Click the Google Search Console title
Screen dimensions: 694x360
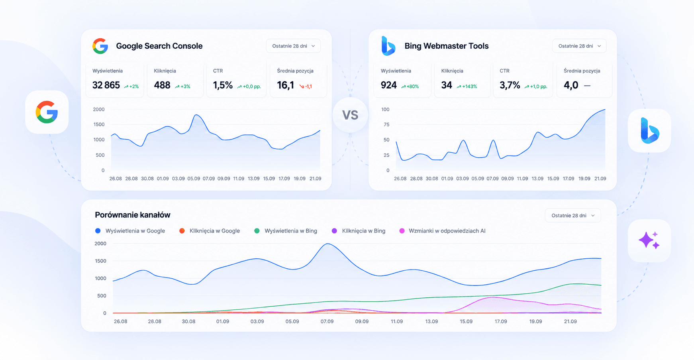pos(159,46)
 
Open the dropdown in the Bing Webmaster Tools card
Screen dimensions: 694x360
pos(579,46)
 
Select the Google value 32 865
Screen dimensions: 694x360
pos(106,85)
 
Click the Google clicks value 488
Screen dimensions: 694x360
pos(162,85)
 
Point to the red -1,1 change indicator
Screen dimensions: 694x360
pos(306,87)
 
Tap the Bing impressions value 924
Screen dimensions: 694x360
pos(389,85)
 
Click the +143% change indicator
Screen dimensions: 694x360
pos(467,87)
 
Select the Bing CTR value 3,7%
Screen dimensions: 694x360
pos(510,85)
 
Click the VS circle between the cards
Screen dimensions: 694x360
pos(350,115)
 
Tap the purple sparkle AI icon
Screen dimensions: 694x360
pos(649,240)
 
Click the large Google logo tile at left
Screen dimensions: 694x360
pos(47,112)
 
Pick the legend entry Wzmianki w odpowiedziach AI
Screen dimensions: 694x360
pos(443,231)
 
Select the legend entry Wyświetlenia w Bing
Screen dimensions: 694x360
pos(286,231)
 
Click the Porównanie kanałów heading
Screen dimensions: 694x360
pos(133,215)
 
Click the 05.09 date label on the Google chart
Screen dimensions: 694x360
pos(194,179)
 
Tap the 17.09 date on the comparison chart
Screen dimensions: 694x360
pos(501,321)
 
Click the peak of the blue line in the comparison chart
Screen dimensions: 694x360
pos(327,244)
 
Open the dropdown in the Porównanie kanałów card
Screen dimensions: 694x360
pos(573,215)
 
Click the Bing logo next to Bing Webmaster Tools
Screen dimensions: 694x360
pos(388,46)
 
